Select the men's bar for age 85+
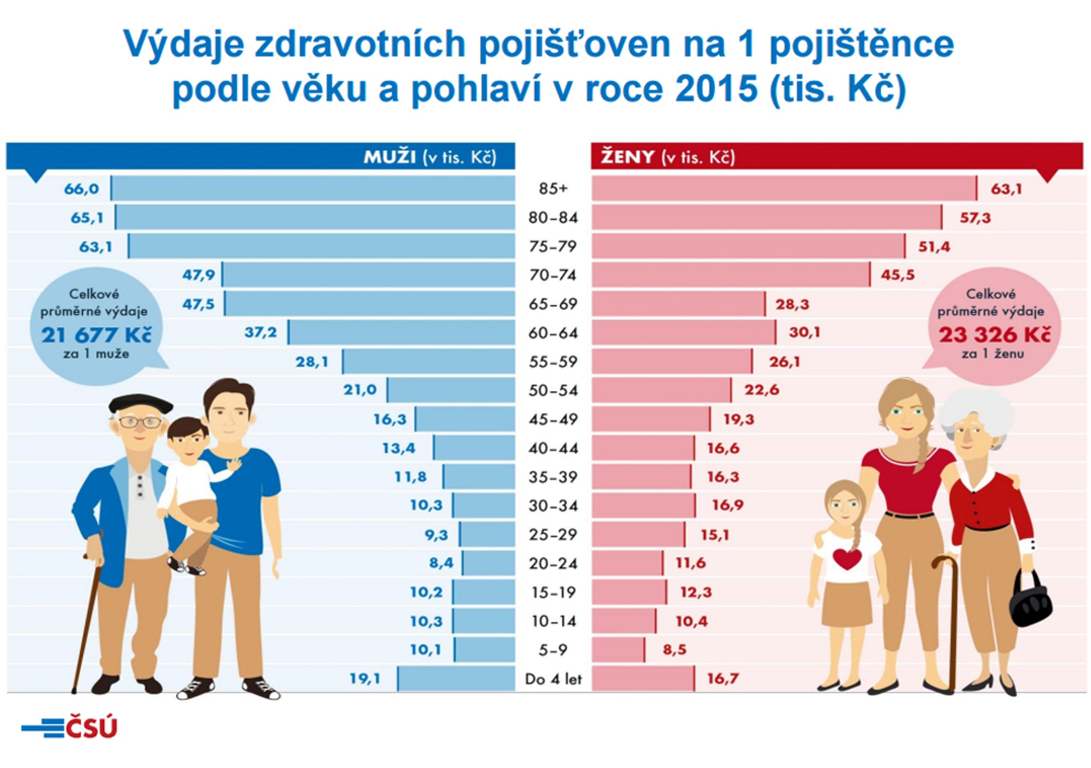coord(313,188)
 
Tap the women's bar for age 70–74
coord(731,275)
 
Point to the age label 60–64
coord(553,333)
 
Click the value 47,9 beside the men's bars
coord(199,275)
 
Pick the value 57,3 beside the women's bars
coord(976,218)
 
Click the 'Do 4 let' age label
coord(553,679)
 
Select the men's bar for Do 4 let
coord(456,679)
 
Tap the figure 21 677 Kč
coord(97,335)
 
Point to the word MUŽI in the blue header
coord(390,157)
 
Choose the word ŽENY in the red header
coord(627,157)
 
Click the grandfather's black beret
coord(141,404)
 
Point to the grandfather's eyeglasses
coord(140,422)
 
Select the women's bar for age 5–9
coord(618,650)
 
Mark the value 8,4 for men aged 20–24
coord(441,564)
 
